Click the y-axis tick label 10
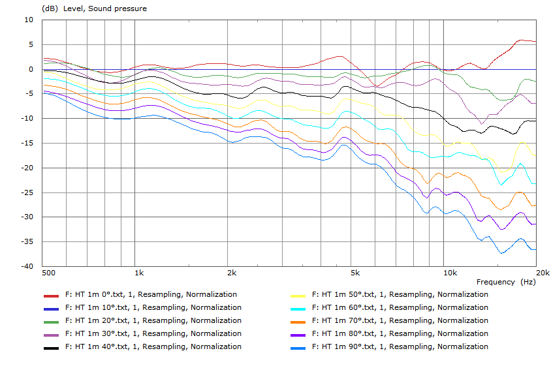[x=28, y=20]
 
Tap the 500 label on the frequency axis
[x=48, y=272]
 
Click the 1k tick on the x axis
[x=138, y=272]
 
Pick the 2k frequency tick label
[x=231, y=272]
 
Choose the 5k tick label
[x=354, y=272]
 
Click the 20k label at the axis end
[x=541, y=272]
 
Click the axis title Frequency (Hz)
[x=506, y=282]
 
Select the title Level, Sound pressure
[x=104, y=8]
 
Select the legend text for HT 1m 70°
[x=400, y=320]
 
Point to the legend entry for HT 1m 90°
[x=400, y=346]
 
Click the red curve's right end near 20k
[x=535, y=41]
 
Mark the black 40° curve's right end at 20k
[x=535, y=121]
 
